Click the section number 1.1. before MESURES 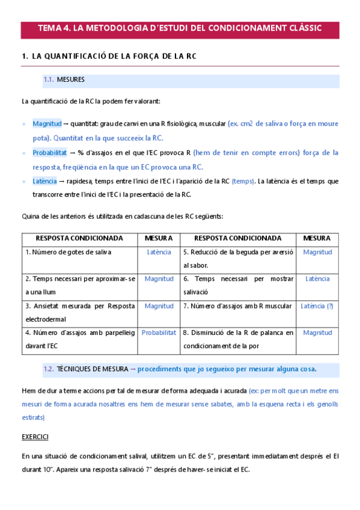coord(49,79)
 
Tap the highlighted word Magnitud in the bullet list coord(47,123)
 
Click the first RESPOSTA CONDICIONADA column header coord(79,238)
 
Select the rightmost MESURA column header coord(317,238)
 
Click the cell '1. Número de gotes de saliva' coord(68,253)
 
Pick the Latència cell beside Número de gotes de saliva coord(159,253)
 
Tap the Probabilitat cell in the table coord(159,333)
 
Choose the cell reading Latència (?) coord(317,306)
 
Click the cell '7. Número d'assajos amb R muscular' coord(237,306)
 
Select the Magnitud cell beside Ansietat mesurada coord(159,306)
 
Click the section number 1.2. coord(49,369)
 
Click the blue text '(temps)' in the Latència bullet coord(243,181)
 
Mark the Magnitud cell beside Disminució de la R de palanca coord(317,333)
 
